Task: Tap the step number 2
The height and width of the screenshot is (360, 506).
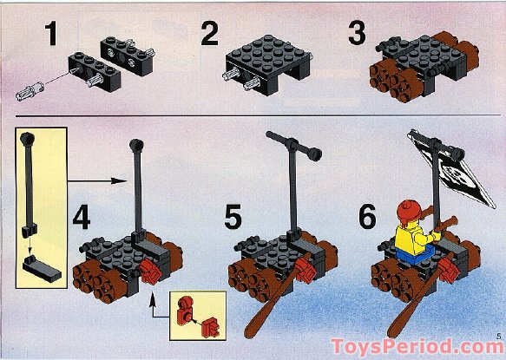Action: coord(208,36)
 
